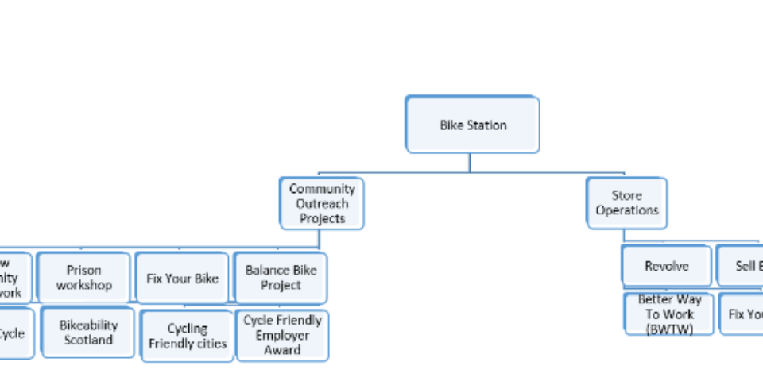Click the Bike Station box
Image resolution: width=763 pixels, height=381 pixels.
[x=472, y=125]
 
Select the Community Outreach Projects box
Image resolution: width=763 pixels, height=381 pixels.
[x=322, y=203]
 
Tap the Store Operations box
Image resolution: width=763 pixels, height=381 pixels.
[x=626, y=203]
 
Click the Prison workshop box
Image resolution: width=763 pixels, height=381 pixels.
[x=83, y=278]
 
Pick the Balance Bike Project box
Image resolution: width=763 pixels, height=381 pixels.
[x=281, y=278]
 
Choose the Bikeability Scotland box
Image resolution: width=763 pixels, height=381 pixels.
[x=88, y=333]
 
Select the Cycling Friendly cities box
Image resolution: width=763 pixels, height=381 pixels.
[x=188, y=336]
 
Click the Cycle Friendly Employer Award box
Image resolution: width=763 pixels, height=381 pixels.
[x=282, y=335]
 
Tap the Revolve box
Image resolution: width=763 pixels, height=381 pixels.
[x=666, y=266]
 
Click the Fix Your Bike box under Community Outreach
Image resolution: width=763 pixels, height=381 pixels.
[x=182, y=279]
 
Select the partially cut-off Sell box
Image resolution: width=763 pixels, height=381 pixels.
[x=741, y=266]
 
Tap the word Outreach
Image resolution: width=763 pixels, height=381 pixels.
[x=322, y=203]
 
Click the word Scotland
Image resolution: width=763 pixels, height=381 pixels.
[x=88, y=340]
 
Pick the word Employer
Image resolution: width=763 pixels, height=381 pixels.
[x=282, y=335]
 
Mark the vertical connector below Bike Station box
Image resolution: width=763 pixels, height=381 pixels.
[x=469, y=162]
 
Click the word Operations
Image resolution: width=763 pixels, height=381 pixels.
[x=626, y=210]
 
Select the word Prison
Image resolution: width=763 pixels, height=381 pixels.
[x=83, y=271]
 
